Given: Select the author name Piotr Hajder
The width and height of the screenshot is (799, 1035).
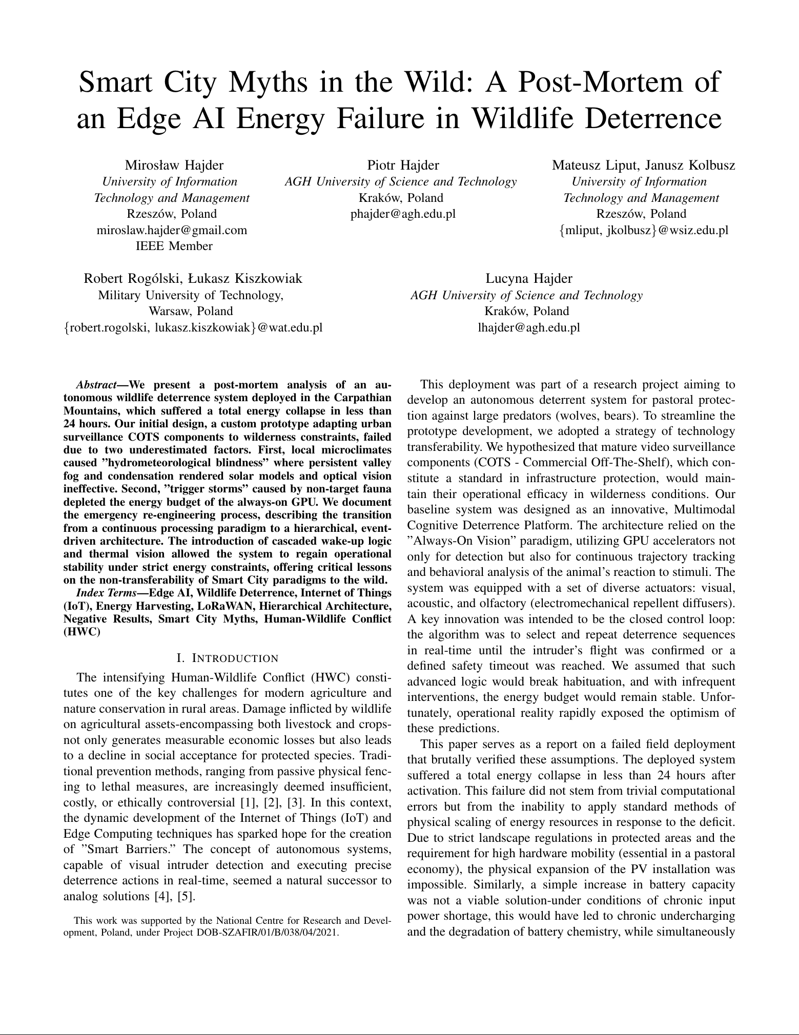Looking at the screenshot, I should [x=403, y=165].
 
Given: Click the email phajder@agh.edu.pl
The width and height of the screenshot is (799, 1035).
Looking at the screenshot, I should [x=403, y=214].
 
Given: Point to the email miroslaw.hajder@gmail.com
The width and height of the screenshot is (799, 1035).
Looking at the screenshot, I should [x=172, y=230].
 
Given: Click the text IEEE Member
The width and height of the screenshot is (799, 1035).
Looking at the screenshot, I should [x=174, y=246].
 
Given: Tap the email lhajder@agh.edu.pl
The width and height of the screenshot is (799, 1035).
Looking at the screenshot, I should [x=528, y=327].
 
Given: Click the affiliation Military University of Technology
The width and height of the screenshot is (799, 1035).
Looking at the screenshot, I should [x=191, y=295].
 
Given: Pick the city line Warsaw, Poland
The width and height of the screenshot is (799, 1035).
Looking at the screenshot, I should [x=191, y=311].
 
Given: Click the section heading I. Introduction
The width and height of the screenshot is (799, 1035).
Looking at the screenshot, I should [x=227, y=658].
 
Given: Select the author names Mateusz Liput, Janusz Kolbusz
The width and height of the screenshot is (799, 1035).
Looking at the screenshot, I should [x=643, y=165].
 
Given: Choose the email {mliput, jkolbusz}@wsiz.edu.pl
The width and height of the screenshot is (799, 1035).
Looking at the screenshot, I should [x=643, y=230].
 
